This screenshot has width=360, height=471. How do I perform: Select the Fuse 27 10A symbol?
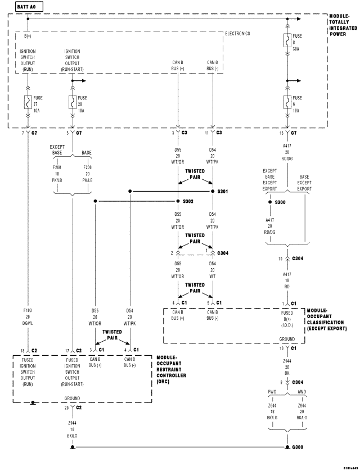click(27, 102)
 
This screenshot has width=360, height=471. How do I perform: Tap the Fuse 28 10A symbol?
click(72, 102)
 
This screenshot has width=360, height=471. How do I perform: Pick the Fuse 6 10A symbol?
click(287, 102)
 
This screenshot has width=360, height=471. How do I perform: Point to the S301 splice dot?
click(213, 191)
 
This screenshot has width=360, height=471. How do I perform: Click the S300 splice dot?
click(269, 201)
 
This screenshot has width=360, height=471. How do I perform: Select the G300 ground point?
click(287, 448)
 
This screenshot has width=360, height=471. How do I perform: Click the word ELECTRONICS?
click(237, 34)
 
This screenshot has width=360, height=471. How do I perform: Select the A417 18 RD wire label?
click(287, 280)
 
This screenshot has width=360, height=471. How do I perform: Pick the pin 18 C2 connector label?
click(27, 350)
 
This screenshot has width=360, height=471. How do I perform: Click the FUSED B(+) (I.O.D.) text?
click(287, 317)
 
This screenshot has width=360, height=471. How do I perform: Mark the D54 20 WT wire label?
click(213, 269)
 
